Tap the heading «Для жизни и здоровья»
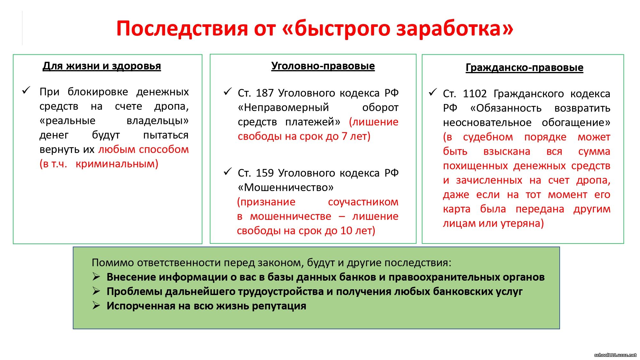[x=102, y=66]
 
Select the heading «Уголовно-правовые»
[x=323, y=66]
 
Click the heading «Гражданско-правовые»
[x=524, y=68]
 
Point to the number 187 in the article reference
[x=265, y=93]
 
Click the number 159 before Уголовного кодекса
[x=265, y=173]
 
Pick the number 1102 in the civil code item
[x=475, y=94]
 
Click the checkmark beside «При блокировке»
[x=26, y=90]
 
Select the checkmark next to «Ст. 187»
[x=228, y=92]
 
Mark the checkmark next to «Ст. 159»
[x=228, y=172]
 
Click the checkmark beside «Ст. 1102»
[x=433, y=92]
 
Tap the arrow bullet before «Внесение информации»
[x=96, y=276]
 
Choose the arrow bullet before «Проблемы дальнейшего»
[x=96, y=291]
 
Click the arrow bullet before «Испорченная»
[x=96, y=305]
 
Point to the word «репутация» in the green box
[x=279, y=306]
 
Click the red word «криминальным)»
[x=117, y=164]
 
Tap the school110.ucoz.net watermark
[x=615, y=355]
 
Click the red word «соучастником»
[x=363, y=202]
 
